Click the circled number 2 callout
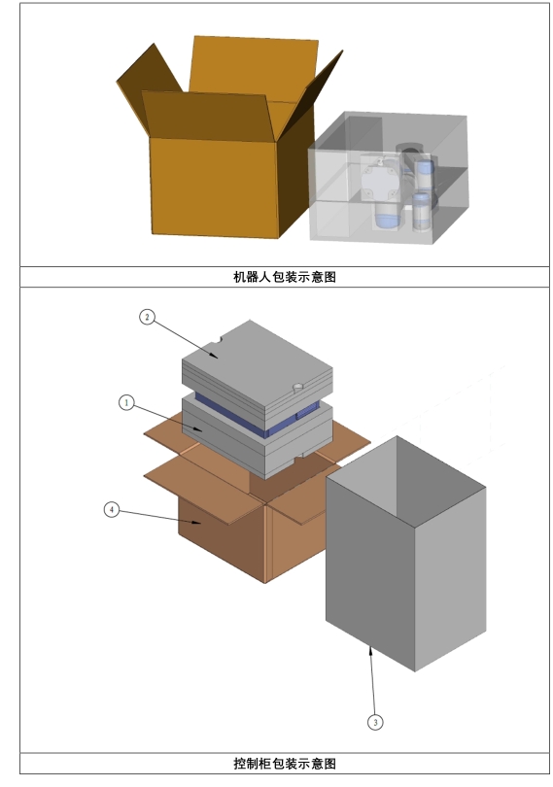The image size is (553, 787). pyautogui.click(x=147, y=317)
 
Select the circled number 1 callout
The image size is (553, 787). pyautogui.click(x=126, y=402)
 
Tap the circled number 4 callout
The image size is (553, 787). pyautogui.click(x=112, y=510)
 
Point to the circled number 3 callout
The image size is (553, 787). pyautogui.click(x=375, y=722)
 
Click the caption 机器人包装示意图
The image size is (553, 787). pyautogui.click(x=285, y=277)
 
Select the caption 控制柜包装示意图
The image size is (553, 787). pyautogui.click(x=285, y=764)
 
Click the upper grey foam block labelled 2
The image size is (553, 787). pyautogui.click(x=257, y=369)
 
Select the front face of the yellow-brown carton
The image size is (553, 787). pyautogui.click(x=215, y=187)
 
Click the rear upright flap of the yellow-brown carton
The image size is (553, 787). pyautogui.click(x=253, y=69)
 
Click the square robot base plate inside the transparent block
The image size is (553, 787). pyautogui.click(x=381, y=178)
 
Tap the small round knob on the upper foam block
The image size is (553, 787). pyautogui.click(x=297, y=388)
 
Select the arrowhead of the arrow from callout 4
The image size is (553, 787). pyautogui.click(x=197, y=522)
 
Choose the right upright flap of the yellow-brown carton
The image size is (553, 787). pyautogui.click(x=311, y=93)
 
